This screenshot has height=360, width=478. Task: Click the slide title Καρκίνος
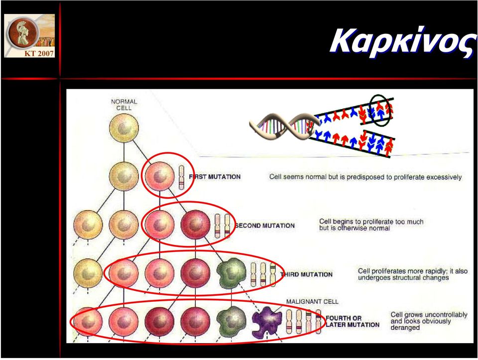click(403, 42)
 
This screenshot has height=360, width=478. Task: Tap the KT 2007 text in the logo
click(39, 53)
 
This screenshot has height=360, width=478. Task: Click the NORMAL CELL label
click(124, 105)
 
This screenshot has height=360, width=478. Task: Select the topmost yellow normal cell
click(124, 128)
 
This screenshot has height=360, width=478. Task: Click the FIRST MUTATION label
click(215, 177)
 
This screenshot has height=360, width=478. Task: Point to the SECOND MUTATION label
click(265, 226)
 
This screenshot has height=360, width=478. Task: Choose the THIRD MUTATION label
click(306, 274)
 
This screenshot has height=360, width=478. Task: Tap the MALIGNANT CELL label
click(312, 301)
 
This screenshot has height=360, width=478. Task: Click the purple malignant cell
click(267, 323)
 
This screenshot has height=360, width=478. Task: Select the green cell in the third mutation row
click(232, 273)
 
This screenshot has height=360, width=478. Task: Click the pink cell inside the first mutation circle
click(159, 176)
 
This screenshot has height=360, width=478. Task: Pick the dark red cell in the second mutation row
click(195, 225)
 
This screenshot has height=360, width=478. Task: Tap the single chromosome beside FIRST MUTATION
click(181, 177)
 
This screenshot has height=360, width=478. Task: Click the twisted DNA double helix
click(284, 127)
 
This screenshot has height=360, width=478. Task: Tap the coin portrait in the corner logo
click(23, 32)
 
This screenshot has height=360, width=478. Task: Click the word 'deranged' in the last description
click(405, 328)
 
